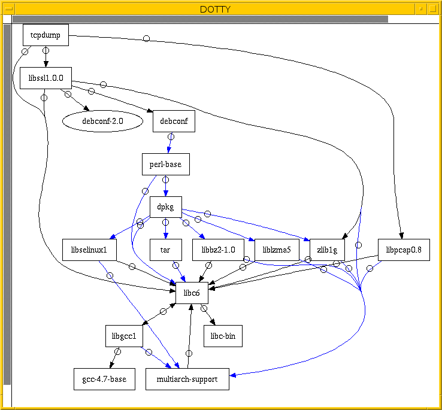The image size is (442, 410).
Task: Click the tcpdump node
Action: [46, 35]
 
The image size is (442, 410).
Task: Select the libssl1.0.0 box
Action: [46, 78]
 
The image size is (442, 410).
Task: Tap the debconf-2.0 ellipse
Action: [102, 122]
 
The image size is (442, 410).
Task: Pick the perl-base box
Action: [165, 164]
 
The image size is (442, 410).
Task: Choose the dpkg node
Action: [165, 207]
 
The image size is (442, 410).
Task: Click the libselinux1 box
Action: [89, 250]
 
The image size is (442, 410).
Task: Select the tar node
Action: [165, 250]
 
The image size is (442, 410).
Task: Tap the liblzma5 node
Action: [277, 250]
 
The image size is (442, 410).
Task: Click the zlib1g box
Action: [326, 250]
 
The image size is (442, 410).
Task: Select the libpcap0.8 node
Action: [404, 250]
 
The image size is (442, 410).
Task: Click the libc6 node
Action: [192, 293]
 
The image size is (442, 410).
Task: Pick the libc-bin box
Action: [223, 336]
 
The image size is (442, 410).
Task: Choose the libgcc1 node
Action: [124, 336]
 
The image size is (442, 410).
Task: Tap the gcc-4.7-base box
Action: [104, 379]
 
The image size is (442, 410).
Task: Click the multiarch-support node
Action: [187, 379]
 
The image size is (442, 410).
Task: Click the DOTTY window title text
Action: [221, 8]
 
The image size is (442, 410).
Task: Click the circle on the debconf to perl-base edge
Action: [171, 137]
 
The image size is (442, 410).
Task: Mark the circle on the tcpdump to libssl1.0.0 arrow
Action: [46, 52]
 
